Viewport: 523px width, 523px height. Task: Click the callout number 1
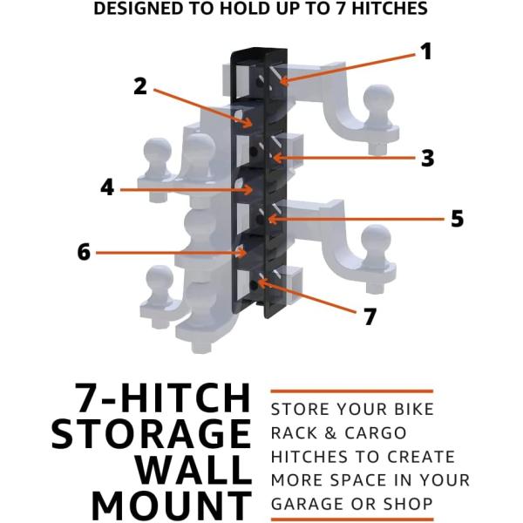tap(426, 51)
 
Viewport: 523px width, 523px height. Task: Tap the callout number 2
tap(140, 86)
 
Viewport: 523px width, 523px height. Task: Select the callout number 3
tap(428, 158)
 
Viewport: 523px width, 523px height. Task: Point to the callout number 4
tap(107, 187)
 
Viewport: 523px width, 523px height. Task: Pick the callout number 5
tap(458, 219)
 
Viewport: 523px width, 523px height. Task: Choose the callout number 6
tap(84, 252)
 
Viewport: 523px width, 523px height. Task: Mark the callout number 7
tap(370, 316)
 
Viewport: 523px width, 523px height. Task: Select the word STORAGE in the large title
tap(151, 433)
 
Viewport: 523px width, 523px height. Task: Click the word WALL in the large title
tap(194, 470)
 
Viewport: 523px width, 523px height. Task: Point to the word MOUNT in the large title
tap(172, 506)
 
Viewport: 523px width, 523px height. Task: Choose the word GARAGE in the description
tap(302, 504)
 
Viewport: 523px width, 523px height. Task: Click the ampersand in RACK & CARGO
tap(330, 433)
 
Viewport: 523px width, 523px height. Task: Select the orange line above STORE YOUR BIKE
tap(352, 391)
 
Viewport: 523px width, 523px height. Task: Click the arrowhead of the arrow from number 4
tap(248, 190)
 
